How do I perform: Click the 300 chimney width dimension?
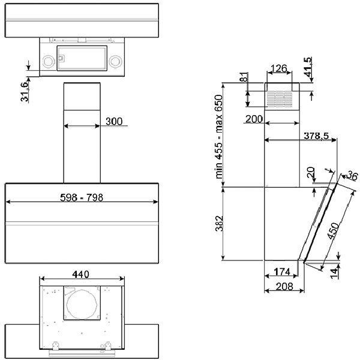(114, 121)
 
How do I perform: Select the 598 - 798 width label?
(82, 197)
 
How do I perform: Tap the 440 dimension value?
(80, 274)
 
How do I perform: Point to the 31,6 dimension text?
(25, 91)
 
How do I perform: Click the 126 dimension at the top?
(279, 68)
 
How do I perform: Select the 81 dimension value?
(244, 77)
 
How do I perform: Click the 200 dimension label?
(254, 119)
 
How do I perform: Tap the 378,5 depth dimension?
(316, 136)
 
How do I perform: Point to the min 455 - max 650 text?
(219, 137)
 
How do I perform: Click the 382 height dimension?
(219, 223)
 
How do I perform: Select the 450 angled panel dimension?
(333, 231)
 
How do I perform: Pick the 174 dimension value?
(282, 272)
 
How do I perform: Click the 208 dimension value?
(284, 287)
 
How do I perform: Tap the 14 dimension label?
(335, 273)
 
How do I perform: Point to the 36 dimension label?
(352, 176)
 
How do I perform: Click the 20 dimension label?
(311, 172)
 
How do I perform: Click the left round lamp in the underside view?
(49, 62)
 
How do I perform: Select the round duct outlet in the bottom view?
(82, 304)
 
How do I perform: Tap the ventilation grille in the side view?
(280, 99)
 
